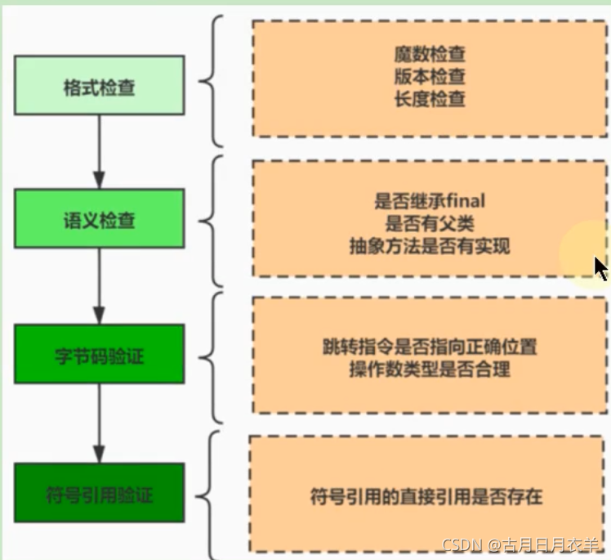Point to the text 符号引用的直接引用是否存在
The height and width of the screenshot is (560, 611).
pyautogui.click(x=426, y=495)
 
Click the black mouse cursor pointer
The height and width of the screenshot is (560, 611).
pyautogui.click(x=600, y=268)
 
